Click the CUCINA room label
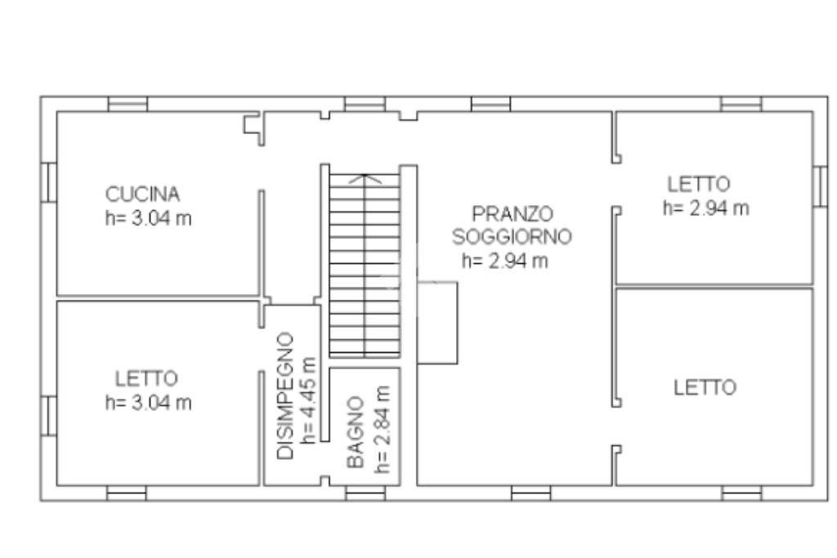143,194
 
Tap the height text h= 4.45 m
308,400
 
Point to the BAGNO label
355,433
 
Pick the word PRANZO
512,213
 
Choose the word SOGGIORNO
512,237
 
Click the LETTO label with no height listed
704,387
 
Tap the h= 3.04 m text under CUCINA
149,219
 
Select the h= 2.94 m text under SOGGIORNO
504,261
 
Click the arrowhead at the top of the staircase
365,177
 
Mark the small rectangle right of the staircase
438,323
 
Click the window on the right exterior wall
820,185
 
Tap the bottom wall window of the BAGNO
365,493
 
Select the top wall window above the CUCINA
128,104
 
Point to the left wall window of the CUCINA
49,181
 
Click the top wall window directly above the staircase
365,104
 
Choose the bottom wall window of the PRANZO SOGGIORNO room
530,493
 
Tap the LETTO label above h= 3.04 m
146,379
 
